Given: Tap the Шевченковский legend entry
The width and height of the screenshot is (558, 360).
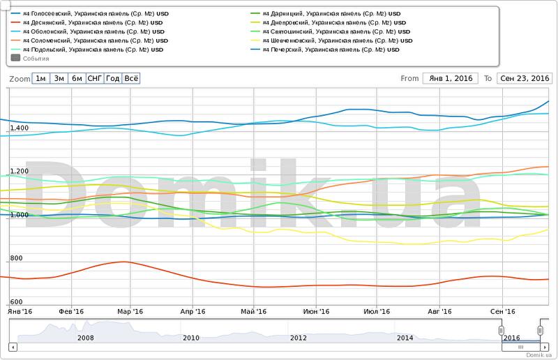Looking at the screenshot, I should click(x=335, y=40).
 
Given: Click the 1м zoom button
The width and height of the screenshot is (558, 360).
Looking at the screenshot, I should click(x=41, y=78).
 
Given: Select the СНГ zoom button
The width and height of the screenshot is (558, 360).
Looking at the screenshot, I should click(x=95, y=78).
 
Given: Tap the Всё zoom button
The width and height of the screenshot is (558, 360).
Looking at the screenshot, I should click(x=130, y=78).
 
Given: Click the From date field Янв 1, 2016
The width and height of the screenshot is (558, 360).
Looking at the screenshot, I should click(x=450, y=78).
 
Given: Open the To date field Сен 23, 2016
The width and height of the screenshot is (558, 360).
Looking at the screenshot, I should click(x=524, y=78).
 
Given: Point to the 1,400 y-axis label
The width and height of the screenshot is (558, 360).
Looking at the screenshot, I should click(x=19, y=128).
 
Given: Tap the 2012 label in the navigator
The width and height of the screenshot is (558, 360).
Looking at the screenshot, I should click(x=298, y=338).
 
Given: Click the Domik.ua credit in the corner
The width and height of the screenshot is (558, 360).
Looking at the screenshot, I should click(x=538, y=354).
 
